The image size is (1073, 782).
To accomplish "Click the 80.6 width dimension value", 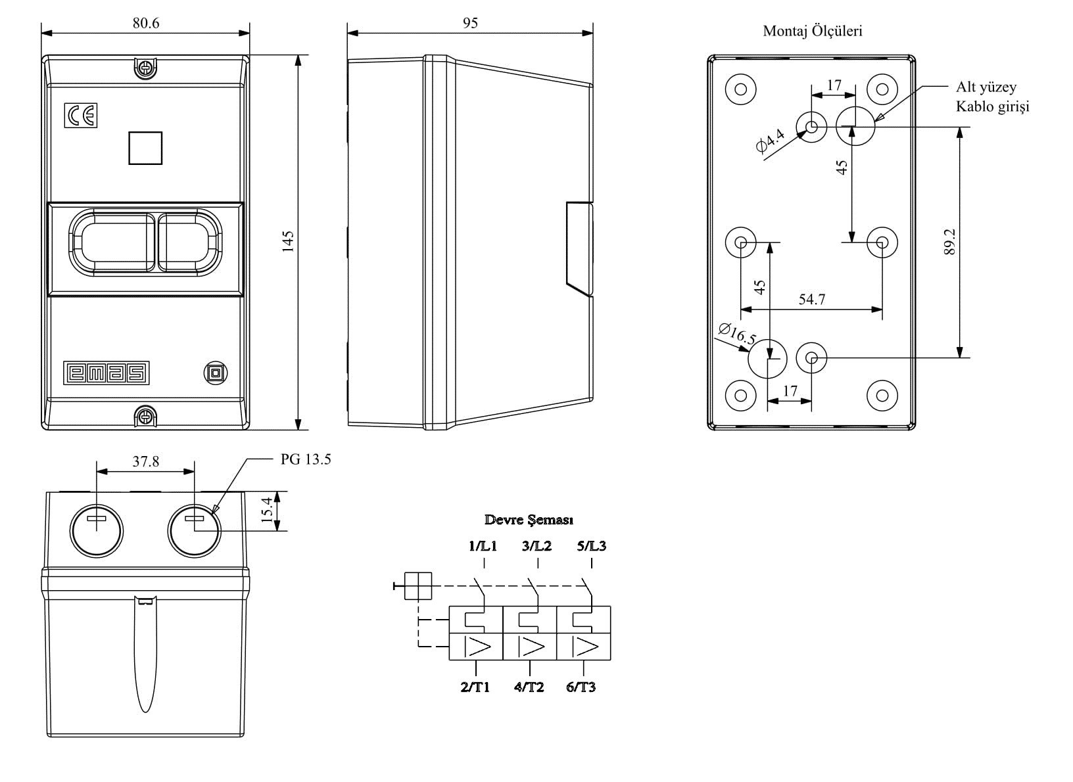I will [146, 23].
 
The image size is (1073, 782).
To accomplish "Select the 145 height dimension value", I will [287, 241].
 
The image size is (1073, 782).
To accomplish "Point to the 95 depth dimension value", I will [470, 23].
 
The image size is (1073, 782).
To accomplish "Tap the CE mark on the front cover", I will [81, 116].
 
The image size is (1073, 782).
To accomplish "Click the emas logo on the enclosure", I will [107, 373].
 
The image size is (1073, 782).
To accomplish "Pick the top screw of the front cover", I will [145, 66].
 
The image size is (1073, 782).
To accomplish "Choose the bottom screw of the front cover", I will [145, 416].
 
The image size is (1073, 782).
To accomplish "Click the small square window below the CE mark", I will [145, 148].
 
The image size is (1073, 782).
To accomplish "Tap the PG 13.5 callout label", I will [306, 459].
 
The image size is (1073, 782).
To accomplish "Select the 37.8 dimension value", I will [146, 461].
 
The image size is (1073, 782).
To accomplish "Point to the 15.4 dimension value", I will [266, 511].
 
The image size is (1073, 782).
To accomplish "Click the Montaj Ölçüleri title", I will [813, 31].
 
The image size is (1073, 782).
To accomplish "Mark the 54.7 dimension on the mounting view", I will [812, 300].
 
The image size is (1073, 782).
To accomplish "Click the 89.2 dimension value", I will [949, 242].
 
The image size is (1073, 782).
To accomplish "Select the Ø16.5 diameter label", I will [737, 334].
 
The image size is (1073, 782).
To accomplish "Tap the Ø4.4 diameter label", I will [771, 141].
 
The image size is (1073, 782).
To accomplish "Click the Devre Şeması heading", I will [529, 520].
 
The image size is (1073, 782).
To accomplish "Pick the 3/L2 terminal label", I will [537, 546].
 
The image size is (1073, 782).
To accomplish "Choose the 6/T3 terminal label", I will [581, 687].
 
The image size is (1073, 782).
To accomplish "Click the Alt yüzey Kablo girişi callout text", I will [992, 97].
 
